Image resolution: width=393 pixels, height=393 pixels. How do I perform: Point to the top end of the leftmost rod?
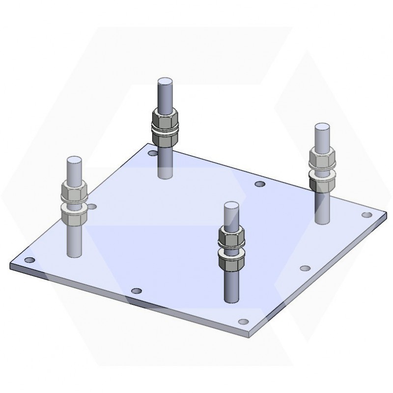(x=73, y=160)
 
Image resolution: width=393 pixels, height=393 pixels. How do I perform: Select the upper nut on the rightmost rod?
(x=322, y=159)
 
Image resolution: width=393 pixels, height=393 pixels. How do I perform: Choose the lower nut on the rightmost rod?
(x=322, y=180)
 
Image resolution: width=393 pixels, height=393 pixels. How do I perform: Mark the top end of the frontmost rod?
(x=231, y=205)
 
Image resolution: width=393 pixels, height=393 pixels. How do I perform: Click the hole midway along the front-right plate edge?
(x=305, y=268)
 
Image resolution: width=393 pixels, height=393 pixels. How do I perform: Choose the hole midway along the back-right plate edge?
(x=260, y=184)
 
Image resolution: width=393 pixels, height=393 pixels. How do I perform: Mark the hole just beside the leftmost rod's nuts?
(x=92, y=206)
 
